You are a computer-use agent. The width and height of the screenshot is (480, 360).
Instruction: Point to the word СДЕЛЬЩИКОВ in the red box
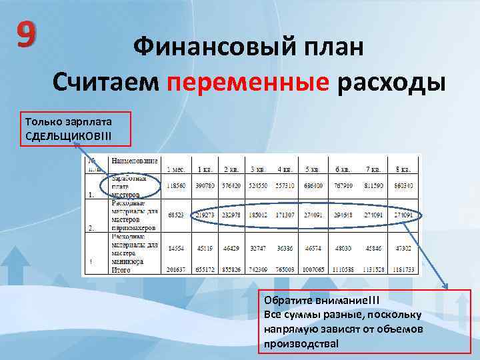pyautogui.click(x=63, y=136)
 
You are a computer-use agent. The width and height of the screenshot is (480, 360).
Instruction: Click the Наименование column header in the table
pyautogui.click(x=135, y=161)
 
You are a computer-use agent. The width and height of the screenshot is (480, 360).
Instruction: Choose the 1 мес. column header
pyautogui.click(x=177, y=169)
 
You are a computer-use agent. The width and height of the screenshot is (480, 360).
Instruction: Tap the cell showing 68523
pyautogui.click(x=177, y=215)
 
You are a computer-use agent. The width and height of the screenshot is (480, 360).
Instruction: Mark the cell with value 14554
pyautogui.click(x=177, y=247)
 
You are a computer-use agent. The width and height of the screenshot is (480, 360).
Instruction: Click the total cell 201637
pyautogui.click(x=177, y=269)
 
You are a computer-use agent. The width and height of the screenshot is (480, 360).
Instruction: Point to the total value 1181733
pyautogui.click(x=403, y=269)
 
